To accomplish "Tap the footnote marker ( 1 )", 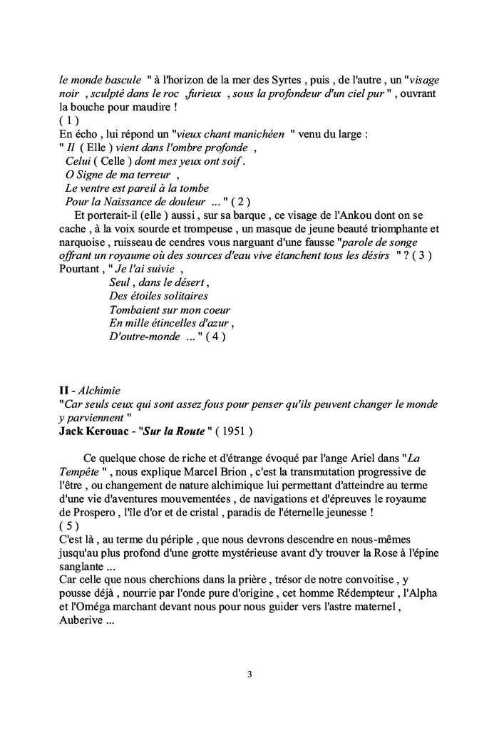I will click(69, 121).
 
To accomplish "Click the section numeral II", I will click(63, 391).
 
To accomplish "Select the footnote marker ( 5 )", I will click(69, 526).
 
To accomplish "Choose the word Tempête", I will click(81, 472).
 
